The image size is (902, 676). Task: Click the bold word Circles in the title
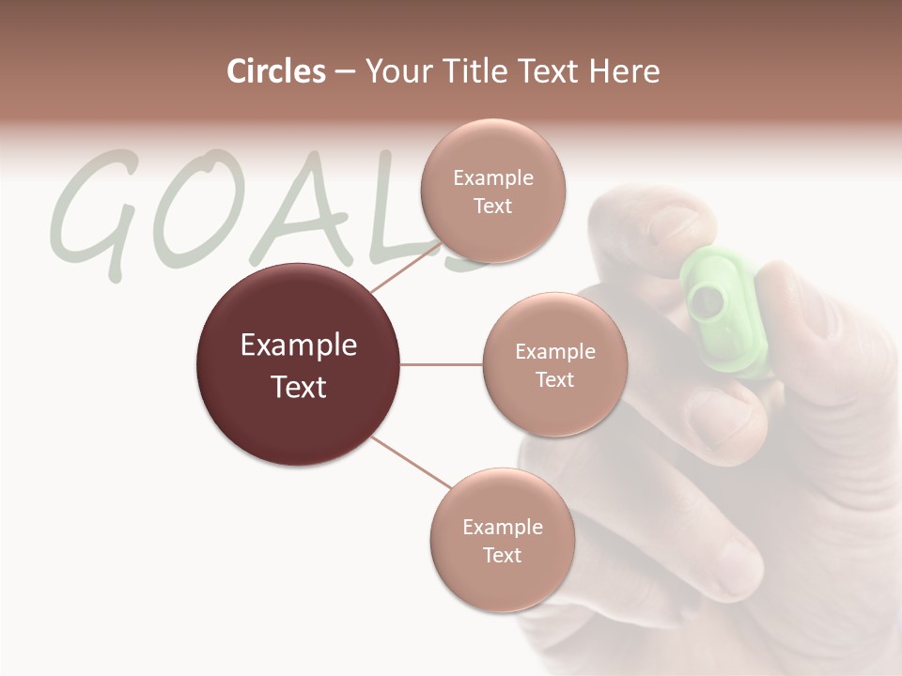click(x=276, y=71)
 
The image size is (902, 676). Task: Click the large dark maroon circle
click(x=299, y=364)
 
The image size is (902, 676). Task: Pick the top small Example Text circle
click(x=492, y=191)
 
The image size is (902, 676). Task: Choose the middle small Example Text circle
click(x=554, y=364)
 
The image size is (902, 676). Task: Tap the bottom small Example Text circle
click(x=502, y=540)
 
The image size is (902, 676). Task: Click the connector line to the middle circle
click(x=442, y=364)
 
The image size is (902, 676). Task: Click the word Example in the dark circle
click(x=299, y=345)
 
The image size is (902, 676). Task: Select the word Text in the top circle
click(x=492, y=206)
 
